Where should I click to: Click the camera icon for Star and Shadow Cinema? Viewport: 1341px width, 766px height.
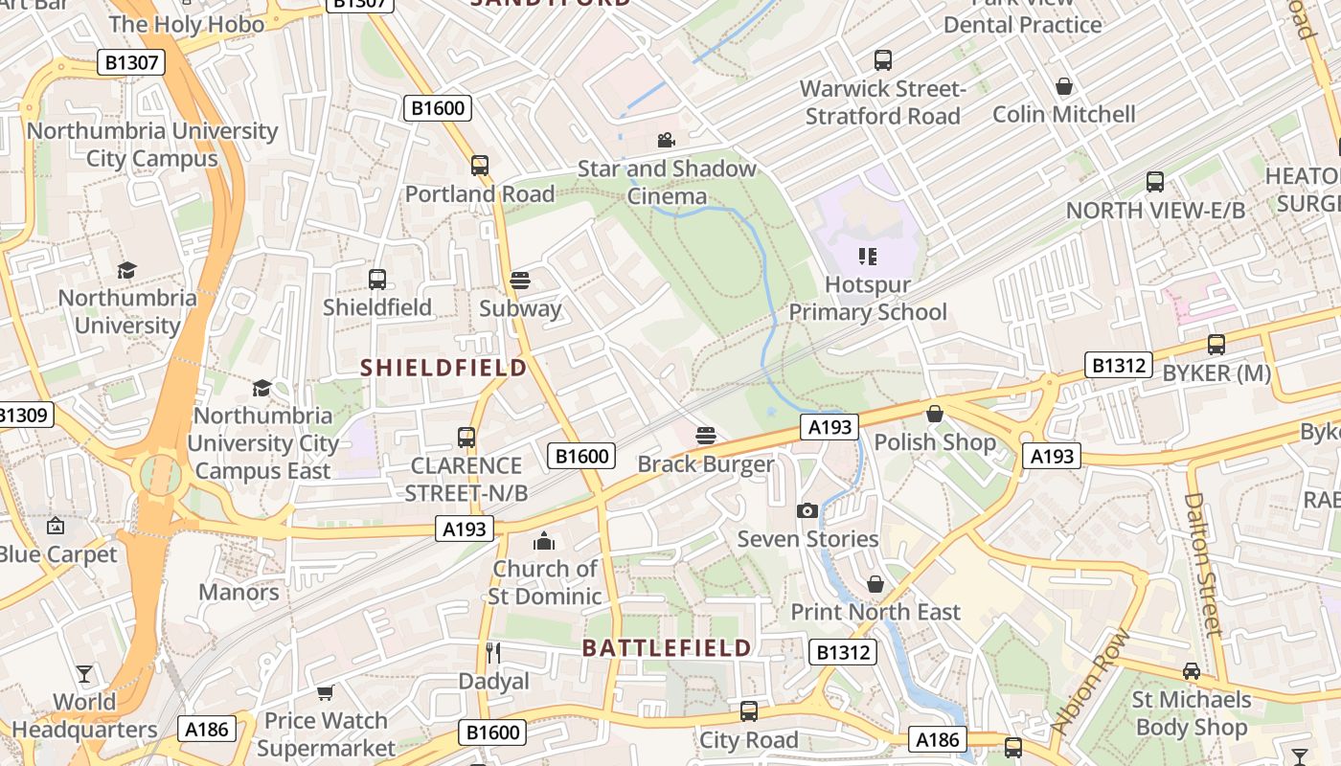tap(666, 141)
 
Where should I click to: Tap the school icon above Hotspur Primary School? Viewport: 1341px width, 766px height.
tap(868, 256)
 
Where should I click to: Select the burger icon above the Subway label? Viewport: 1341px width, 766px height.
tap(520, 281)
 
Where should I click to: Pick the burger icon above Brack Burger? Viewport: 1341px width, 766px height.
tap(706, 437)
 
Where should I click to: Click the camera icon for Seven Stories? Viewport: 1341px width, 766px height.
tap(807, 510)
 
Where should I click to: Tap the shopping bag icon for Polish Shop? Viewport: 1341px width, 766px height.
tap(935, 414)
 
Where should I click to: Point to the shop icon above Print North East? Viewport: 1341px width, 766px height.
tap(875, 584)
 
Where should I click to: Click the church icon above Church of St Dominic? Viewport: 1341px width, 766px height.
tap(544, 541)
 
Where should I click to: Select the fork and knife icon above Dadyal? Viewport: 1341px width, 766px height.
tap(493, 653)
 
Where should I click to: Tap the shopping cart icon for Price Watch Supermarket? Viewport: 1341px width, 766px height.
tap(326, 692)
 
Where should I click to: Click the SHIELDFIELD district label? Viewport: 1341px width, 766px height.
tap(443, 368)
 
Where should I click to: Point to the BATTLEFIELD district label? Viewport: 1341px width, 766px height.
tap(668, 648)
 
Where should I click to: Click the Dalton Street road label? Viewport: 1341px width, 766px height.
tap(1203, 564)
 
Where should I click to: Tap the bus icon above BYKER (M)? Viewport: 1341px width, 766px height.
tap(1216, 345)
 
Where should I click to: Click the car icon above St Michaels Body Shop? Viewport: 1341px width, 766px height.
tap(1191, 671)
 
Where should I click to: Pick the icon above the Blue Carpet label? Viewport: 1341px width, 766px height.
tap(56, 526)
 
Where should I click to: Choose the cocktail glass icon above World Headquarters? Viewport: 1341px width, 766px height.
tap(84, 674)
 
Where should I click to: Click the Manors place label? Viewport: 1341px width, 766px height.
tap(239, 592)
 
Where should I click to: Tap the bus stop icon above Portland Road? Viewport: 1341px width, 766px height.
tap(480, 166)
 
